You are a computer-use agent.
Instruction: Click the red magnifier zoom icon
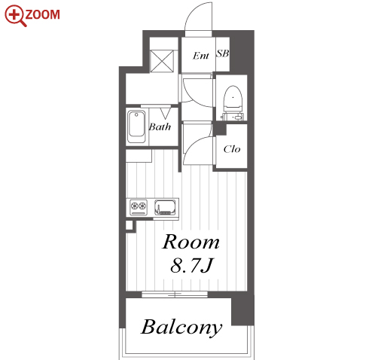(x=14, y=16)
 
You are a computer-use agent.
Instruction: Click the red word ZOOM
(x=43, y=14)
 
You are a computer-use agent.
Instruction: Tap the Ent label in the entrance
(x=201, y=56)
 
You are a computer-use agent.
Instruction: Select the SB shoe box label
(x=223, y=53)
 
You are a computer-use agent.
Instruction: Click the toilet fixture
(x=233, y=102)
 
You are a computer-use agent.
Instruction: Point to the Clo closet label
(x=232, y=149)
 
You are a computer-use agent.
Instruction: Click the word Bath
(x=160, y=127)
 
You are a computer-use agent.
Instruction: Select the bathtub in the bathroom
(x=136, y=127)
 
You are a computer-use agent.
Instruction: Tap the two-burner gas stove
(x=139, y=207)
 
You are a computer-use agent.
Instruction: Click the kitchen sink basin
(x=165, y=207)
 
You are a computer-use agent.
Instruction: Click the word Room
(x=191, y=242)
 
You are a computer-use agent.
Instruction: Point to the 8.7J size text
(x=191, y=265)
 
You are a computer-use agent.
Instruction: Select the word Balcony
(x=181, y=328)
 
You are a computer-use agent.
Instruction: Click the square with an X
(x=162, y=61)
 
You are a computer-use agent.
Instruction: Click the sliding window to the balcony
(x=175, y=294)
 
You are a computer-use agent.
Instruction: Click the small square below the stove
(x=129, y=225)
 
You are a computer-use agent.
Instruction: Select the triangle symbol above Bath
(x=165, y=113)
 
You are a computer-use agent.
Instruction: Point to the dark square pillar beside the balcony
(x=242, y=310)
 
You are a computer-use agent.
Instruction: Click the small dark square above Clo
(x=219, y=130)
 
